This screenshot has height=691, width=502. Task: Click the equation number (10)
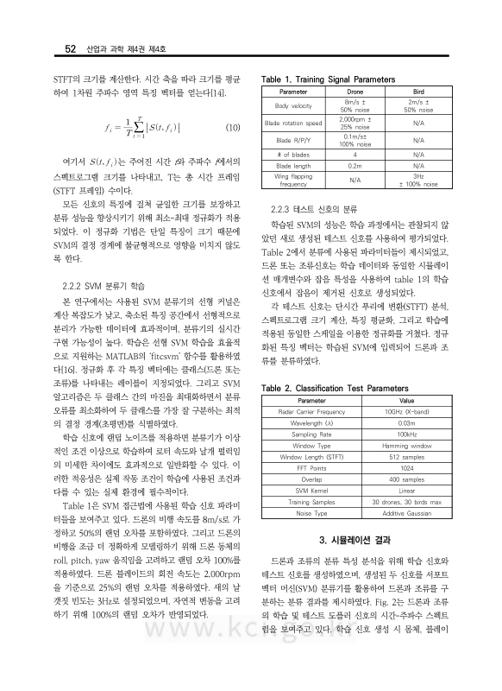232,127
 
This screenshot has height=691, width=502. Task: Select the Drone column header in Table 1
355,91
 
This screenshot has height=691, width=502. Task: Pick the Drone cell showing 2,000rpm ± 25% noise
355,123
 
